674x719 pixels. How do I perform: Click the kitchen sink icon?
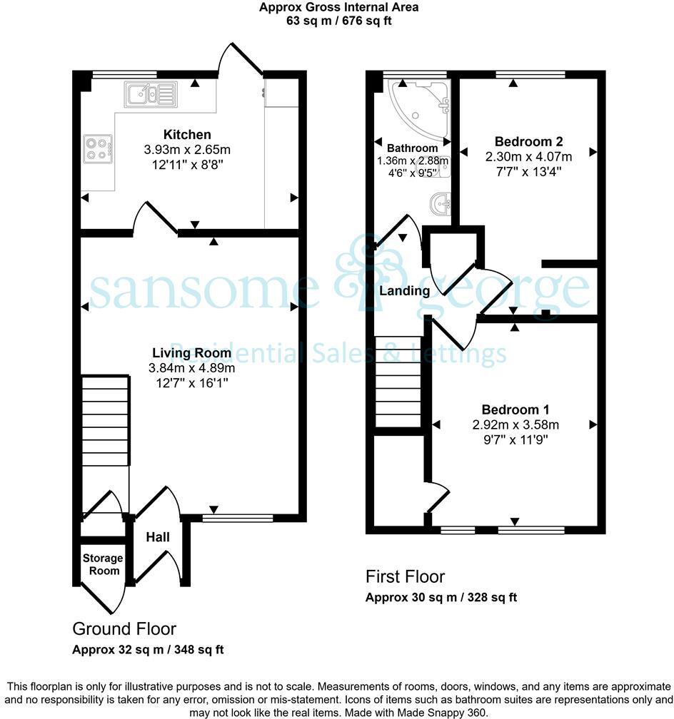click(150, 93)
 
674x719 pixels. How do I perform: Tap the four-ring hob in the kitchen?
click(96, 148)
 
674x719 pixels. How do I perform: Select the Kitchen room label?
click(187, 135)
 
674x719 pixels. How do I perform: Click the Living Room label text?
click(191, 353)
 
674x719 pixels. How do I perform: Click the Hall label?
click(158, 536)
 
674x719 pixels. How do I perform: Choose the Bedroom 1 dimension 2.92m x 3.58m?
click(515, 425)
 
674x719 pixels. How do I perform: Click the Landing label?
click(404, 290)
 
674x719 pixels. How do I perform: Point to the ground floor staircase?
click(105, 421)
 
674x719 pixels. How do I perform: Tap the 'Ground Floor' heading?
click(124, 628)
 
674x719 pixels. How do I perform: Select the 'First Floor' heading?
click(405, 576)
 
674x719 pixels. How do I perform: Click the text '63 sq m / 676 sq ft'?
click(338, 21)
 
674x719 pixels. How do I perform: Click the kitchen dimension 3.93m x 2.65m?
click(187, 150)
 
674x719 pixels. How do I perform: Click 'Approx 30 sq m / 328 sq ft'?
click(441, 598)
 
